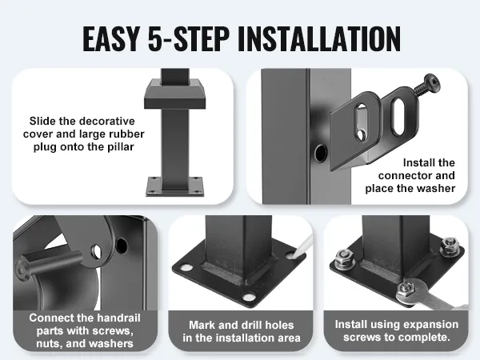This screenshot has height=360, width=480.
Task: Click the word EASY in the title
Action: [x=110, y=38]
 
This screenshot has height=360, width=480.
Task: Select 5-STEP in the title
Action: [x=189, y=38]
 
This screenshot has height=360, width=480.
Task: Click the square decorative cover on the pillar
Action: [x=175, y=94]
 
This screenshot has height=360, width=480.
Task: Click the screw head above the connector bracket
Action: [x=432, y=82]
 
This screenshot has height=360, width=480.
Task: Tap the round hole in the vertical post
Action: [x=321, y=153]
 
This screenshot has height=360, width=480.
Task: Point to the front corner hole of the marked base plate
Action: [x=249, y=297]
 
